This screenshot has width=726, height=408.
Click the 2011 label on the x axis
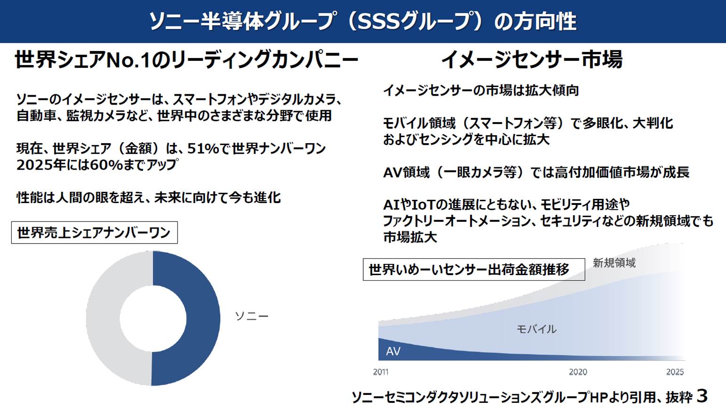point(381,372)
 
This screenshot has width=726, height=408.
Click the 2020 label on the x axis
point(578,372)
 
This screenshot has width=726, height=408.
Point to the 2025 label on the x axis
point(675,372)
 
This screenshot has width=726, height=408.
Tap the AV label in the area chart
point(393,351)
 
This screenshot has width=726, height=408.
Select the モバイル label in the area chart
point(537,329)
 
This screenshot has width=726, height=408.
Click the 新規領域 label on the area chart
point(614,263)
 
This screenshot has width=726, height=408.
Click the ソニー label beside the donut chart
point(252,316)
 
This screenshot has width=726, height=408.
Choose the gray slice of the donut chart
point(103,318)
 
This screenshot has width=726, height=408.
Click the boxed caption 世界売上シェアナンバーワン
point(94,233)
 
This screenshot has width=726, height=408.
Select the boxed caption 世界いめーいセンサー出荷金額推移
point(474,269)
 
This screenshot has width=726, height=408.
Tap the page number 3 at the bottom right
point(702,396)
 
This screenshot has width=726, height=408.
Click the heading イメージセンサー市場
point(531,59)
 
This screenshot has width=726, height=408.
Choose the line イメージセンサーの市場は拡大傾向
point(481,90)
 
